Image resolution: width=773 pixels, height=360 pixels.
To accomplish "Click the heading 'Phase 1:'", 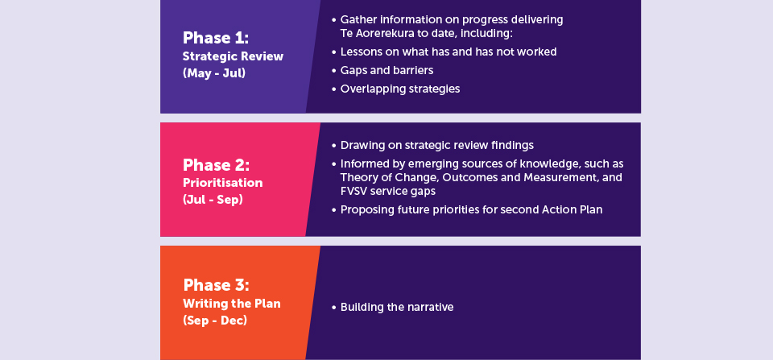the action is pyautogui.click(x=216, y=38).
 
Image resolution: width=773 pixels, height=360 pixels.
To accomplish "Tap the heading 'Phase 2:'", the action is pyautogui.click(x=216, y=165).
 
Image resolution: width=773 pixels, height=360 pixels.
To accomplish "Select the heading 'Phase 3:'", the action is pyautogui.click(x=216, y=285).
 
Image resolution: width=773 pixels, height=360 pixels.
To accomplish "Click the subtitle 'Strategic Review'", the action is pyautogui.click(x=234, y=56).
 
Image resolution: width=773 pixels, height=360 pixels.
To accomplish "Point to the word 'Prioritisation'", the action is pyautogui.click(x=223, y=183).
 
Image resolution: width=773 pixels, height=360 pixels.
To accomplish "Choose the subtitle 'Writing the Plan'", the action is pyautogui.click(x=232, y=303).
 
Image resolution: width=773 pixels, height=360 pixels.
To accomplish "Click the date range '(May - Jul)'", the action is pyautogui.click(x=214, y=74).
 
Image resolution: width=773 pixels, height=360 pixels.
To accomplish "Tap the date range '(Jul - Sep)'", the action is pyautogui.click(x=213, y=201).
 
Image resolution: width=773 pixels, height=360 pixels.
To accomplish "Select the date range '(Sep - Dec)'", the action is pyautogui.click(x=215, y=321).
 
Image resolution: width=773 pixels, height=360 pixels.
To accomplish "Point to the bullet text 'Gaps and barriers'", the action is pyautogui.click(x=387, y=71).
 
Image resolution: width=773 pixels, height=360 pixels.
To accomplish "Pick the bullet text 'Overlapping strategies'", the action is pyautogui.click(x=400, y=89).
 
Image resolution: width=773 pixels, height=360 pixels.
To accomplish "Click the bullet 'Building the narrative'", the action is pyautogui.click(x=397, y=307).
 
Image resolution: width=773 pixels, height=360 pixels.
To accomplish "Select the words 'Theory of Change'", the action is pyautogui.click(x=381, y=177).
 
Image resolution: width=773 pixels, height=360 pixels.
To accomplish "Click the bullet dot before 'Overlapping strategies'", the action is pyautogui.click(x=333, y=89).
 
